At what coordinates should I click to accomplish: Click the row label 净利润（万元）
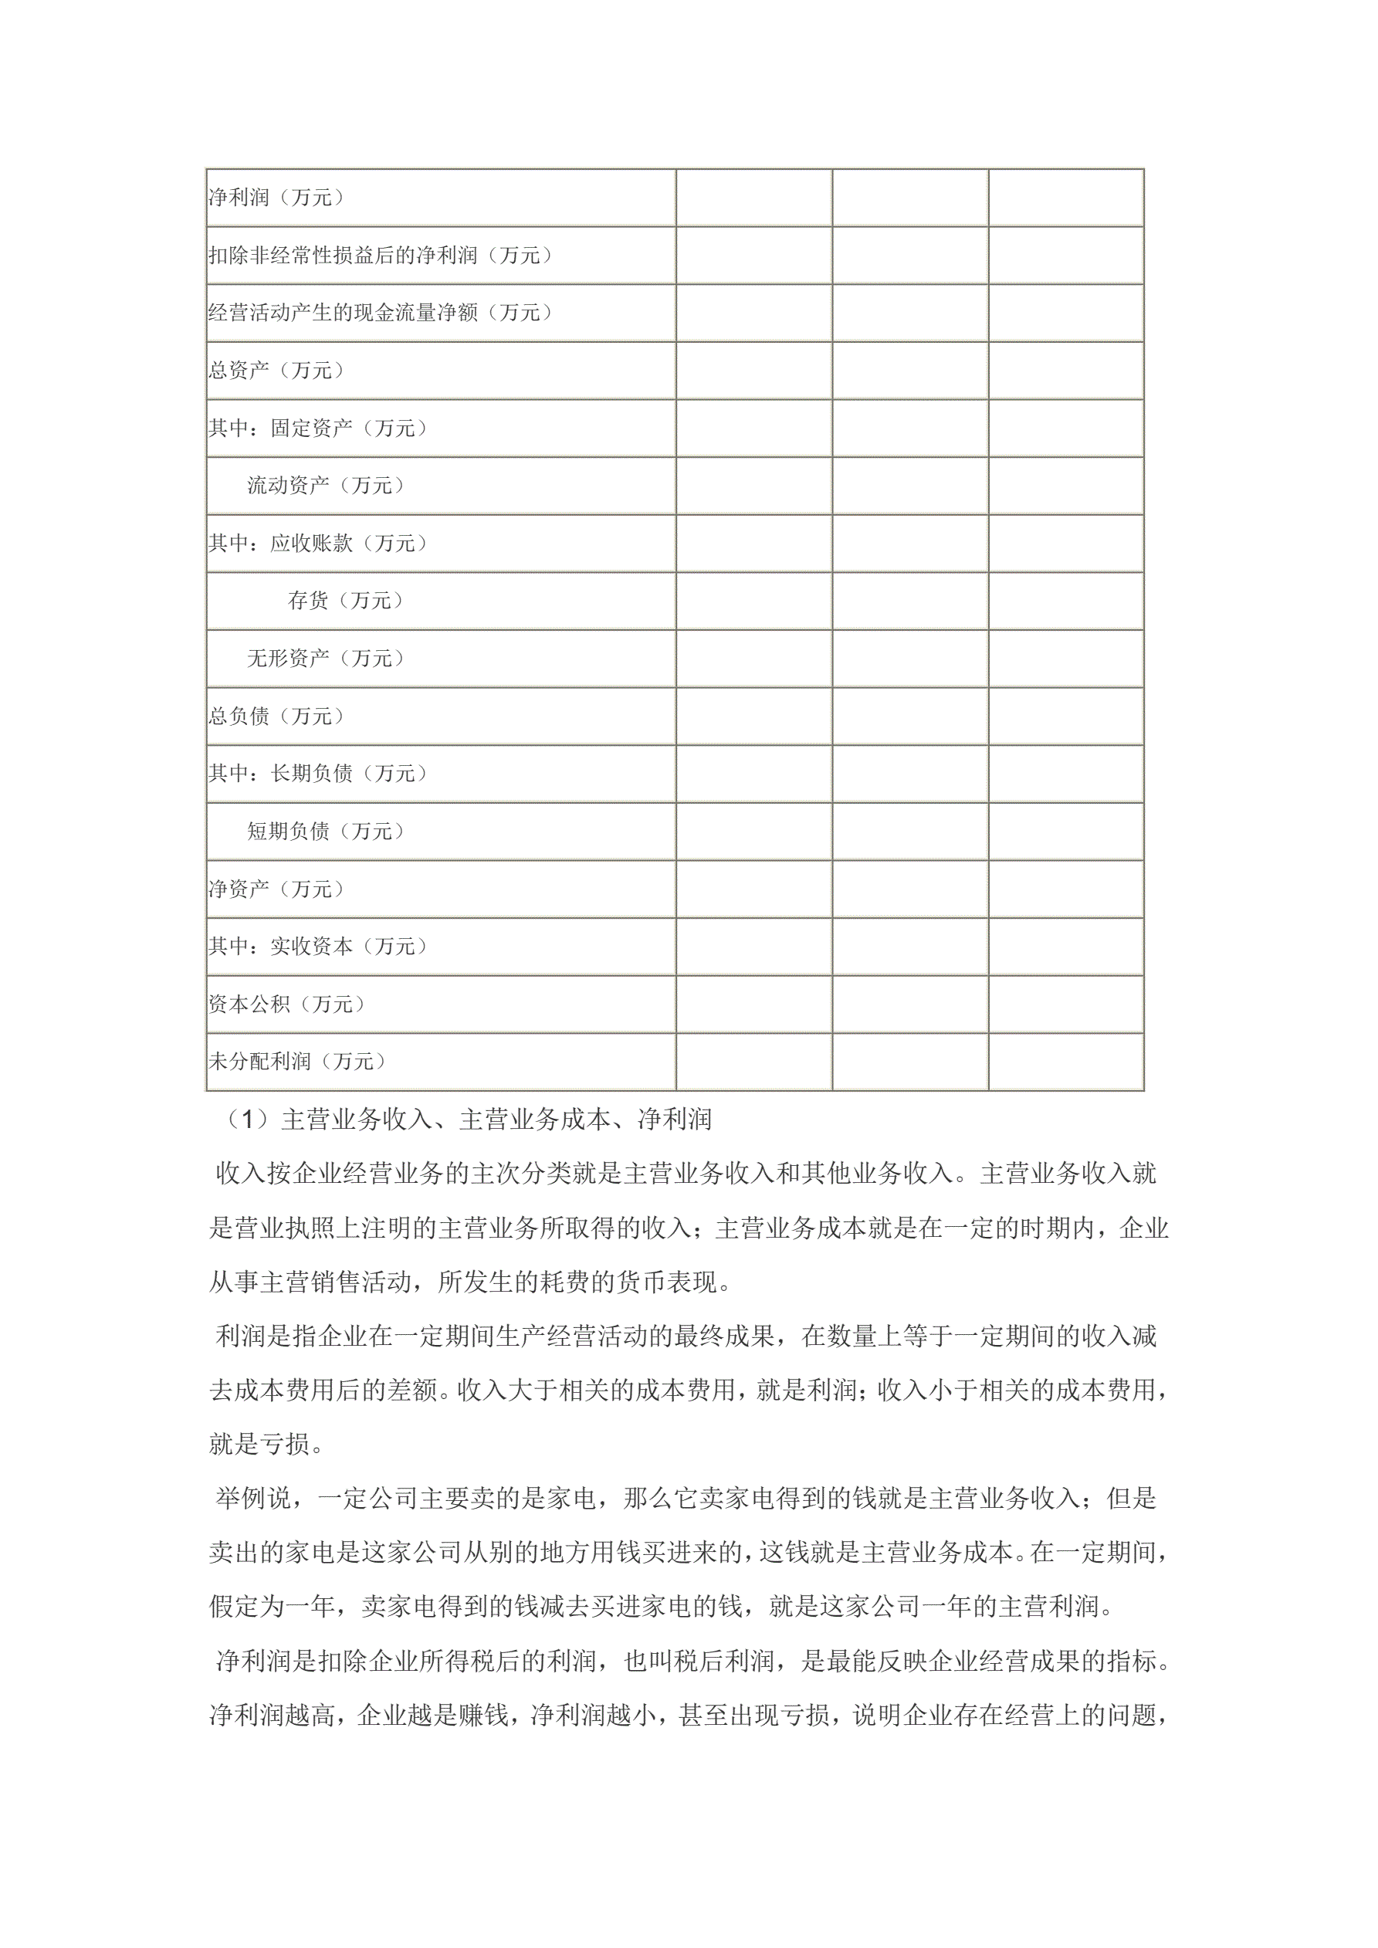[276, 198]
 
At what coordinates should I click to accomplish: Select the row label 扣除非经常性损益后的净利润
[381, 256]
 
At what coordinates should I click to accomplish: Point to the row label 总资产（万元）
[276, 371]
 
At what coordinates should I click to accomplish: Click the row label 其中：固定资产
[318, 429]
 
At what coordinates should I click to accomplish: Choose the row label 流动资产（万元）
[327, 486]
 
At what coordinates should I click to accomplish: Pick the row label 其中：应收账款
[318, 544]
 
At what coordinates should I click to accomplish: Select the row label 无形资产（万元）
[327, 659]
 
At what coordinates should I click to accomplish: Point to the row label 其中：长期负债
[318, 774]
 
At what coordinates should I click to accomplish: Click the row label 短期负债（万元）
[327, 832]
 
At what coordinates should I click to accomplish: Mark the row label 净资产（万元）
[276, 889]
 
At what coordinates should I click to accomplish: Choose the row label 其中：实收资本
[318, 947]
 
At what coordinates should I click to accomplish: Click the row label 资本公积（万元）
[287, 1004]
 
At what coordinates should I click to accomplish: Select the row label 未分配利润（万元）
[297, 1062]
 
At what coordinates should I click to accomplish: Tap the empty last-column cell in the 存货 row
[1066, 601]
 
